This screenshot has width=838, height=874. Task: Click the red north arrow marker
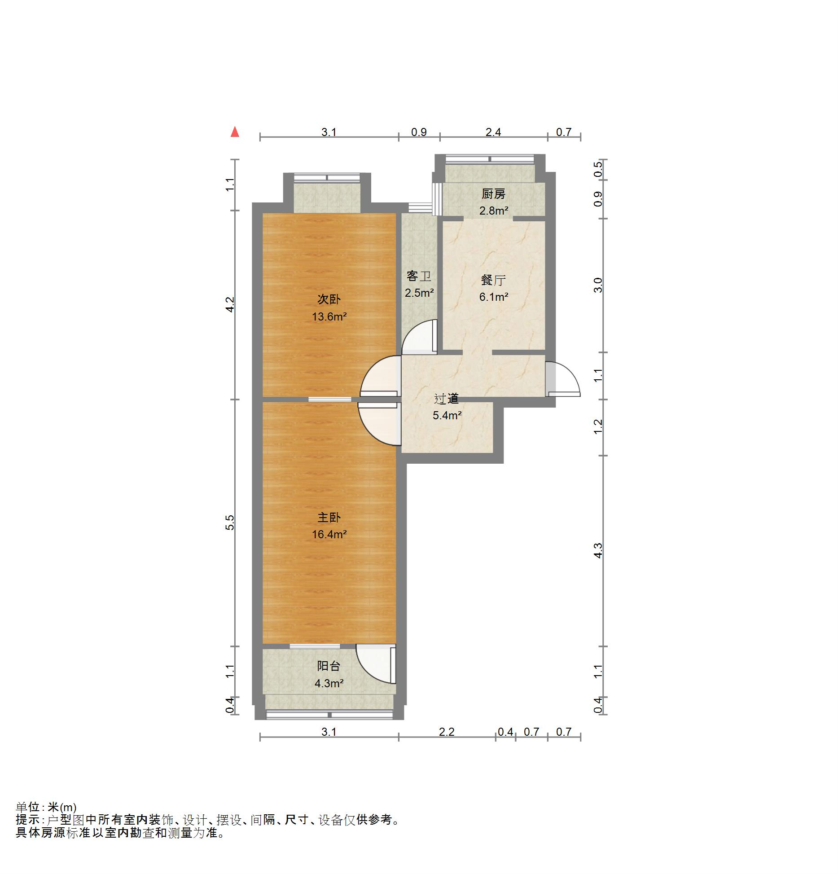234,132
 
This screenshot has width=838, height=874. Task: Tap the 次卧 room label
329,299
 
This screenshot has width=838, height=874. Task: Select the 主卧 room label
329,518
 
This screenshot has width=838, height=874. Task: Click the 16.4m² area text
329,534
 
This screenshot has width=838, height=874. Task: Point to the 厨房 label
493,194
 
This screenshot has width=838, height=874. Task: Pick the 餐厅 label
493,280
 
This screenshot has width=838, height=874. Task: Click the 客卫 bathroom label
419,276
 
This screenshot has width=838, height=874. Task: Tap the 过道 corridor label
447,399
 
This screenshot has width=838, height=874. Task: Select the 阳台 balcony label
329,667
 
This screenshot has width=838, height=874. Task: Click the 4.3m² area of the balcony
329,683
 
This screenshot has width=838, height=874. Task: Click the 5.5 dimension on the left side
230,523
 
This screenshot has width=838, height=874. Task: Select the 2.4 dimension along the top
493,132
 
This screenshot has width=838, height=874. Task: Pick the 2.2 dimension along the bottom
447,732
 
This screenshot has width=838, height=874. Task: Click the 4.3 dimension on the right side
598,550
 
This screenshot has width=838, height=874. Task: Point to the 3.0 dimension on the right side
598,285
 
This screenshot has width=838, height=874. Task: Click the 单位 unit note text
46,807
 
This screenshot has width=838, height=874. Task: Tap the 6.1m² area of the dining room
494,297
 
